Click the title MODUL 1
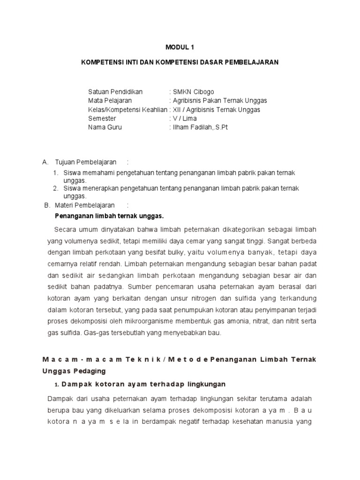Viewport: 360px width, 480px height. pyautogui.click(x=180, y=47)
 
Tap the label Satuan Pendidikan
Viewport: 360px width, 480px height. pyautogui.click(x=115, y=91)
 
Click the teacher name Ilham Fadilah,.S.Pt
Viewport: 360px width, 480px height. pyautogui.click(x=201, y=127)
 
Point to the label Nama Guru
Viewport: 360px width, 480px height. pyautogui.click(x=105, y=127)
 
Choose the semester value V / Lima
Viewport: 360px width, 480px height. pyautogui.click(x=185, y=118)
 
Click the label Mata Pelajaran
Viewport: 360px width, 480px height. pyautogui.click(x=110, y=100)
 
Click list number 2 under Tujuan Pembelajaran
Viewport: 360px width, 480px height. pyautogui.click(x=55, y=188)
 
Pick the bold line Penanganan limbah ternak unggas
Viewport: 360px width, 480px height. pyautogui.click(x=109, y=216)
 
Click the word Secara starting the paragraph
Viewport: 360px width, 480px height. pyautogui.click(x=65, y=229)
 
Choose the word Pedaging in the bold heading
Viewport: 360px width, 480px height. pyautogui.click(x=90, y=371)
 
